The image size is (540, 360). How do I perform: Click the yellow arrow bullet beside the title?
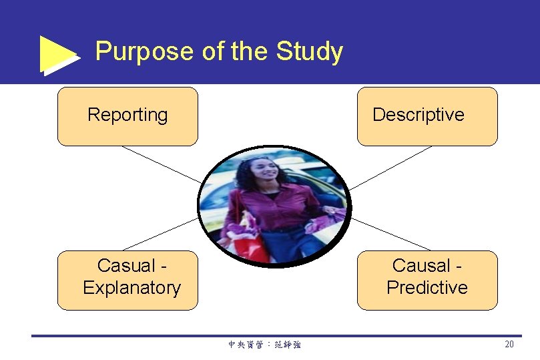pyautogui.click(x=59, y=54)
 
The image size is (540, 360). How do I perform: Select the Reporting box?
pyautogui.click(x=127, y=116)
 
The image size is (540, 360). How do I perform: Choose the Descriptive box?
pyautogui.click(x=427, y=116)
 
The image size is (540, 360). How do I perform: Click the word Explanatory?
pyautogui.click(x=131, y=288)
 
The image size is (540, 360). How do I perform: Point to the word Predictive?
pyautogui.click(x=427, y=288)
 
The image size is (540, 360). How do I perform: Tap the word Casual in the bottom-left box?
pyautogui.click(x=125, y=266)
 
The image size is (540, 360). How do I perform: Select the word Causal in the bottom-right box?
pyautogui.click(x=421, y=266)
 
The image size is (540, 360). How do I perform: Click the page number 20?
pyautogui.click(x=509, y=345)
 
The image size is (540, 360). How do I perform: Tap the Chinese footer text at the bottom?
pyautogui.click(x=264, y=345)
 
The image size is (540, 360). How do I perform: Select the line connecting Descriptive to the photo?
pyautogui.click(x=391, y=168)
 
